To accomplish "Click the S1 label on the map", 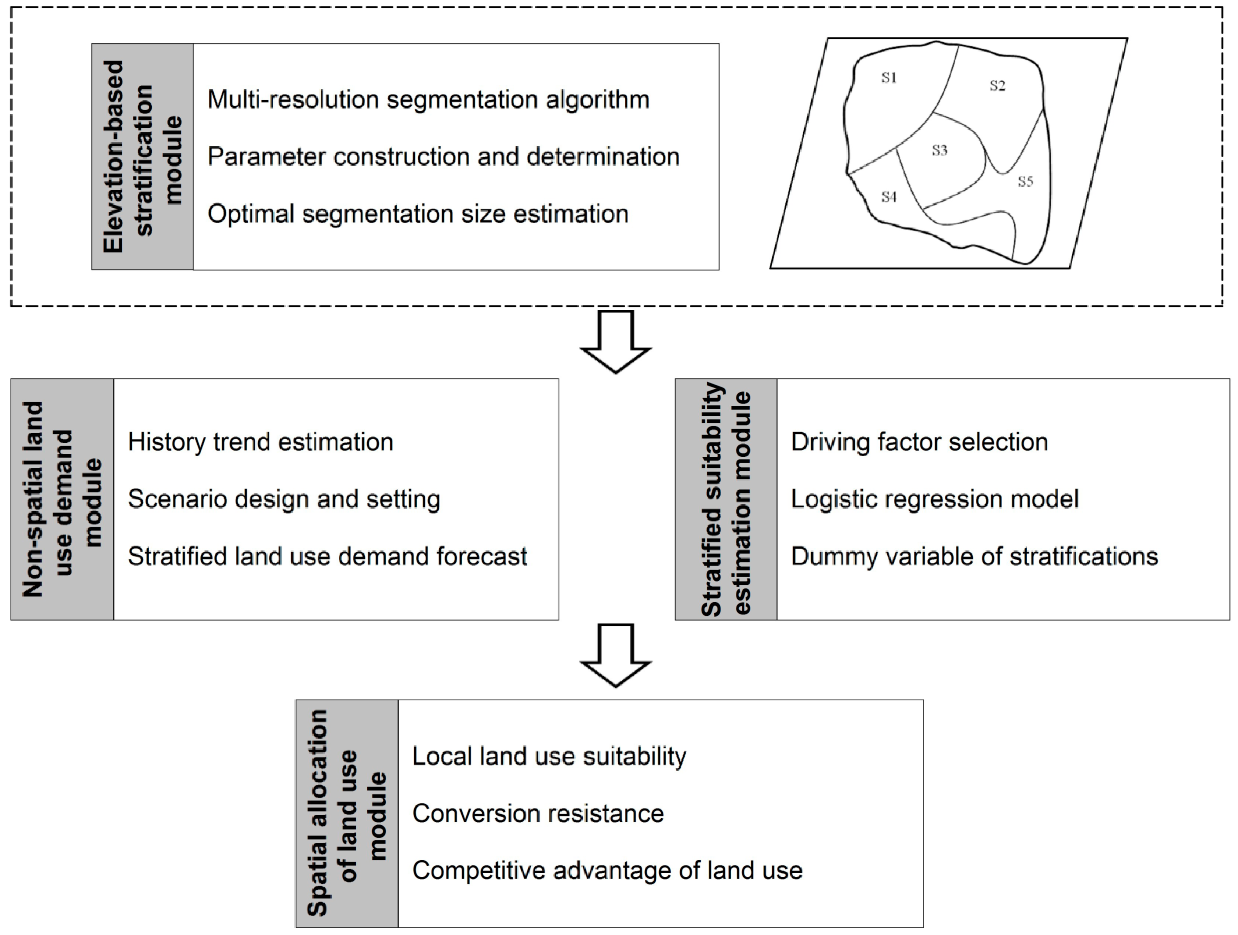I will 889,78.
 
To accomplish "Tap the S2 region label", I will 997,86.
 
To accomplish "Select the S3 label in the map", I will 939,150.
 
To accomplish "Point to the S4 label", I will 889,196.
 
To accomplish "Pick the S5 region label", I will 1025,181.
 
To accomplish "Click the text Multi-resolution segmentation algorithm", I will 428,100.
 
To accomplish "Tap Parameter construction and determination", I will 443,157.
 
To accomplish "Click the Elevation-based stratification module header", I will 143,157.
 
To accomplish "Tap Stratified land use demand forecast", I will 328,557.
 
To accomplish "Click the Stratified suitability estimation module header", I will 726,499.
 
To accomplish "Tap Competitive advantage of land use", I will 607,871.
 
